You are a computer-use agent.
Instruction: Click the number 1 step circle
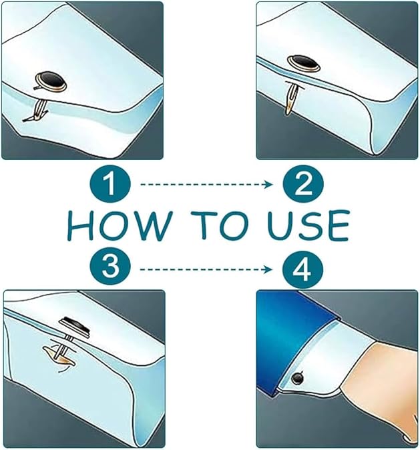[110, 184]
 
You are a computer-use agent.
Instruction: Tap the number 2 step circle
[303, 184]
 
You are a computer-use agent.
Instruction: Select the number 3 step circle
[110, 266]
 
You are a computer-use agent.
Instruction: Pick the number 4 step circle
[302, 269]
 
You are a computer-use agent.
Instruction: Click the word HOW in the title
[120, 225]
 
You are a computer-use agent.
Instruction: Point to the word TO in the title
[220, 225]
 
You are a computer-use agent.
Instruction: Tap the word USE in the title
[308, 225]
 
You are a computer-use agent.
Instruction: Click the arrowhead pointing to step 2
[268, 184]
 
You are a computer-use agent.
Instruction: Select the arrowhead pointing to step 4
[268, 269]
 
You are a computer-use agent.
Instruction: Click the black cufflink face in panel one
[51, 81]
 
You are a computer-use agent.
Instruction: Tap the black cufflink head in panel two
[304, 63]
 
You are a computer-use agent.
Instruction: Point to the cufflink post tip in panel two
[288, 112]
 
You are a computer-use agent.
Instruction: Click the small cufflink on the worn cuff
[298, 378]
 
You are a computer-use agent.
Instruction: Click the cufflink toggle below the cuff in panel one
[37, 111]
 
